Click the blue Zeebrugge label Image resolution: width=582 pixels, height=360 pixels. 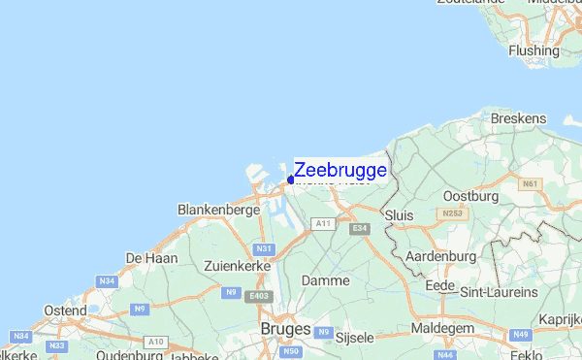[339, 170]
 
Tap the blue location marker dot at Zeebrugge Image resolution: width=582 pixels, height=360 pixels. [290, 180]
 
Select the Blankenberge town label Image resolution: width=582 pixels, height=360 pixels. [218, 209]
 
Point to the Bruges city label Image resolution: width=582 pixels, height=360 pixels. [286, 330]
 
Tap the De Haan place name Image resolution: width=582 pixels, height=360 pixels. [151, 257]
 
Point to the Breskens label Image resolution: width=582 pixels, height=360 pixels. [518, 118]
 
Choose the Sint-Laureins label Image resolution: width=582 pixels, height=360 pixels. [499, 291]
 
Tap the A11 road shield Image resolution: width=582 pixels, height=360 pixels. [323, 223]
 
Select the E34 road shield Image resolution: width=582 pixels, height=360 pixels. [361, 229]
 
